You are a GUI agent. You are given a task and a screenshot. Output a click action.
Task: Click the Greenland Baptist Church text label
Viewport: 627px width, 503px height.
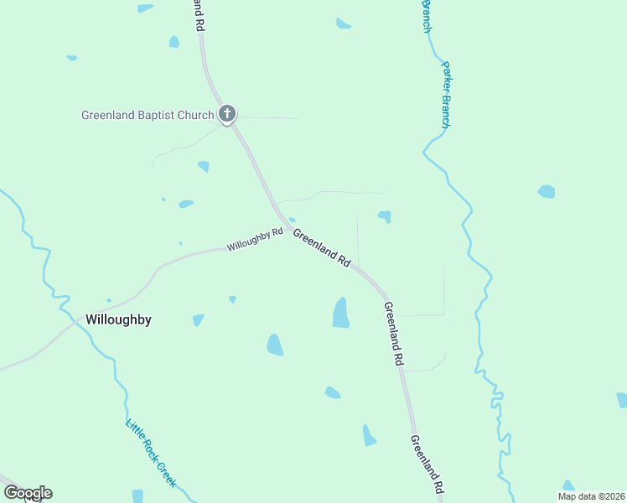[148, 115]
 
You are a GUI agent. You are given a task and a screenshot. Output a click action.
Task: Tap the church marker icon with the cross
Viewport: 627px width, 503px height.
[226, 114]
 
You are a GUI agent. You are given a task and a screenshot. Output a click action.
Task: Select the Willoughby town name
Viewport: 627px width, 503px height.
[118, 319]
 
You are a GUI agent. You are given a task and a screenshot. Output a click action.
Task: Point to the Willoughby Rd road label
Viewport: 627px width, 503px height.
[255, 241]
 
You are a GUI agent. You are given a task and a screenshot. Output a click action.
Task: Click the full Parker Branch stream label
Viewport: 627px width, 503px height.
[446, 95]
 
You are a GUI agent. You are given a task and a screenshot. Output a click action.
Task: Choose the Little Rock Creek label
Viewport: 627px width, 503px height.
[151, 452]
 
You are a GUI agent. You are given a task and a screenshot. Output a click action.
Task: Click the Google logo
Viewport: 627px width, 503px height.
[28, 493]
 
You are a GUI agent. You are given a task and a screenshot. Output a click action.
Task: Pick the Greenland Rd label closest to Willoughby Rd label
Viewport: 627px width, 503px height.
[321, 248]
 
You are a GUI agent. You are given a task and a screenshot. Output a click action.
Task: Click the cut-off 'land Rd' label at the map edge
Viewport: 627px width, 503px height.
[199, 15]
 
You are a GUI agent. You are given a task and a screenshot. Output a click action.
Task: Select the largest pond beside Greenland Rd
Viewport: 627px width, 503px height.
[341, 314]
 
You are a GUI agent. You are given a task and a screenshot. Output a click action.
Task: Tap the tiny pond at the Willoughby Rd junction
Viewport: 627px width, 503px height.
[292, 220]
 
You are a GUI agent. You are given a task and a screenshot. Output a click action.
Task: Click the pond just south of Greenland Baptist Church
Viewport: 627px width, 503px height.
[204, 166]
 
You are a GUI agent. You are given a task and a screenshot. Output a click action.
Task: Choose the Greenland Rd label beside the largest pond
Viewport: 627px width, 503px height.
[394, 334]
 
